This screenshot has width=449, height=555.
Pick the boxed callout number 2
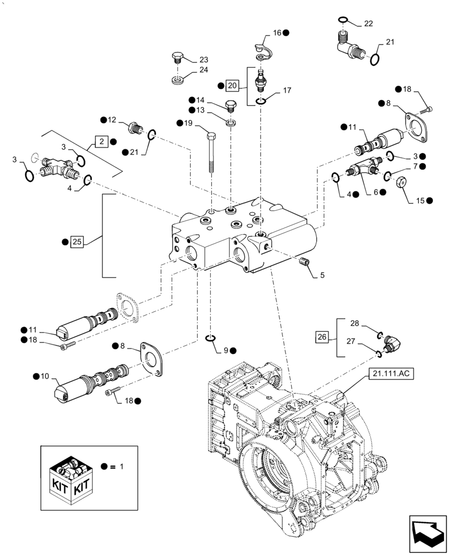click(101, 141)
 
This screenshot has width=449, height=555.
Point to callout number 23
click(203, 59)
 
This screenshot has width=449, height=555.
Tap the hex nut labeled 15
click(401, 181)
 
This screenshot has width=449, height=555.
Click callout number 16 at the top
click(277, 33)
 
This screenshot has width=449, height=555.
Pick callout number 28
click(354, 323)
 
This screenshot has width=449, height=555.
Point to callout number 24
click(203, 70)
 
